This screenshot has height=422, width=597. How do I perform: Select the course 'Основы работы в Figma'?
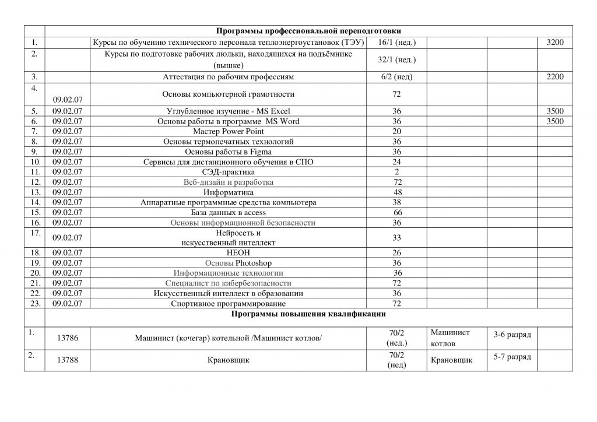click(x=229, y=152)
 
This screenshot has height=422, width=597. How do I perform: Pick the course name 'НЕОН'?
click(x=229, y=252)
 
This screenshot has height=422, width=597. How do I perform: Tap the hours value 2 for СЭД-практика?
click(x=396, y=172)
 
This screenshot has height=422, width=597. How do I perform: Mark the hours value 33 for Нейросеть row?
click(x=397, y=237)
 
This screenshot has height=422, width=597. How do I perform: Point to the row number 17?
click(x=34, y=233)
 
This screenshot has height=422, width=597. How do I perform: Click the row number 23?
click(x=34, y=303)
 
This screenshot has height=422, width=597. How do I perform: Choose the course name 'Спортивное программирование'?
click(x=229, y=303)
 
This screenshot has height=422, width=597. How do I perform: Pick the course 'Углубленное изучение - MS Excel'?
click(x=229, y=111)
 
